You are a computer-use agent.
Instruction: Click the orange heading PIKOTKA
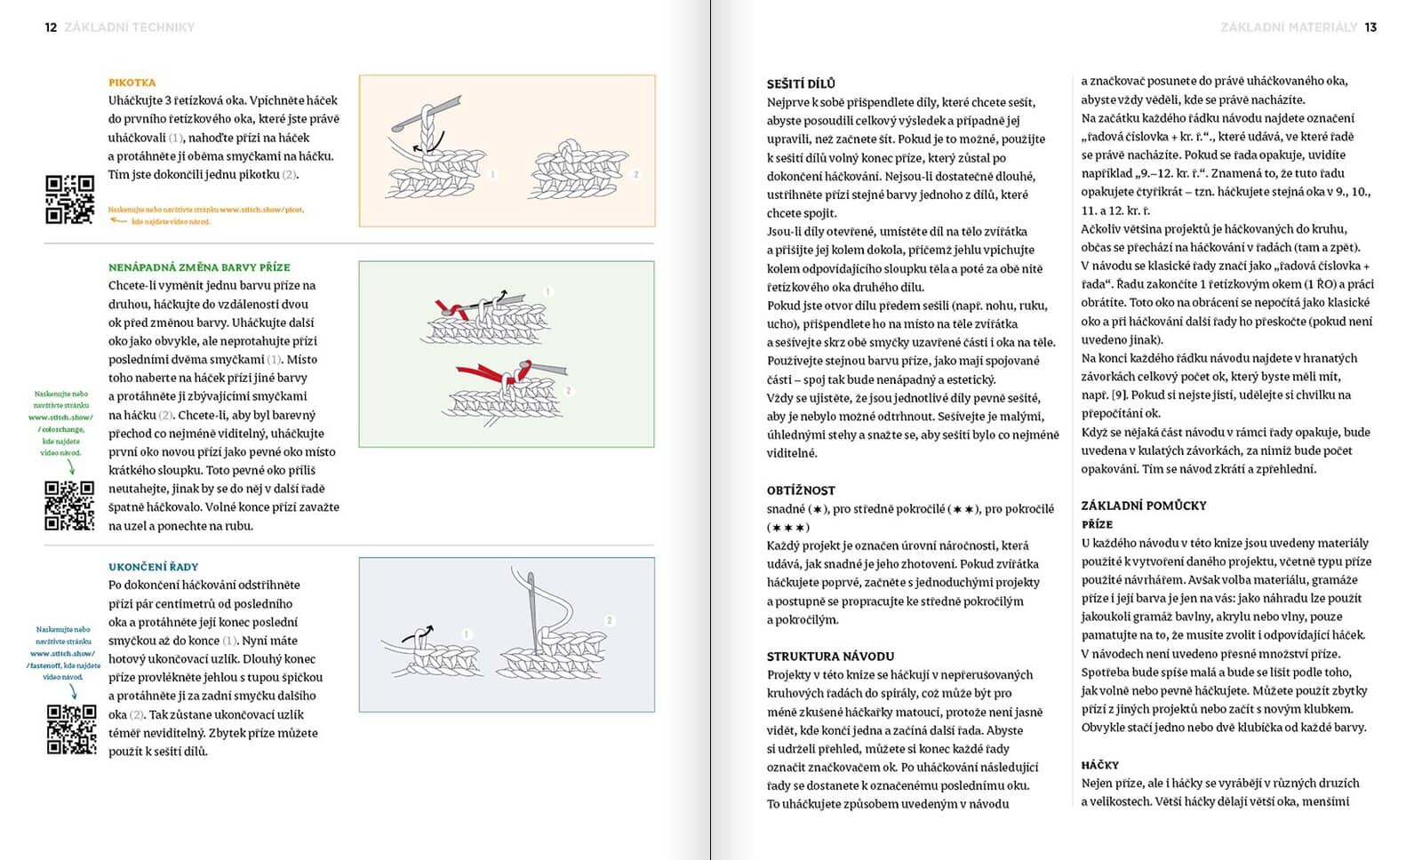point(132,83)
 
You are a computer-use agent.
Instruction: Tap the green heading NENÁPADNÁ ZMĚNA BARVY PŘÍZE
point(199,267)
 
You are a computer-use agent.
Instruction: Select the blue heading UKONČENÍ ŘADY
point(153,567)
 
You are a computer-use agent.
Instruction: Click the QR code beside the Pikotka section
point(69,199)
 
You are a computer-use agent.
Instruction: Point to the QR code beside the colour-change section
point(69,506)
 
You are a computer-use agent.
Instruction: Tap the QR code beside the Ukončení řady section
point(71,729)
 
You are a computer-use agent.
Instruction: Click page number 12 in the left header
point(51,28)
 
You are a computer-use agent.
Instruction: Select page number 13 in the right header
point(1370,28)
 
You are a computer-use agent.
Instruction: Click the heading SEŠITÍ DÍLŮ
point(801,84)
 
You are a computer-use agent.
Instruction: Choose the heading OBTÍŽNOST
point(801,490)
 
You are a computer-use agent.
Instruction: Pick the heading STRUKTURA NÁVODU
point(830,657)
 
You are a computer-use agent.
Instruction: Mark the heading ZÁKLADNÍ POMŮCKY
point(1144,506)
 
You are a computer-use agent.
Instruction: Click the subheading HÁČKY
point(1099,765)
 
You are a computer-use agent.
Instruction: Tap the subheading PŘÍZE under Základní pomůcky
point(1097,524)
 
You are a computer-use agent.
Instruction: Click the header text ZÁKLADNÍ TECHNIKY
point(130,28)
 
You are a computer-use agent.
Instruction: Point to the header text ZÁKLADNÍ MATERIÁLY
point(1289,28)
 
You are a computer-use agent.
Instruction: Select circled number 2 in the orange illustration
point(636,175)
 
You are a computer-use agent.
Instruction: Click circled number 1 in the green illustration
point(548,291)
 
